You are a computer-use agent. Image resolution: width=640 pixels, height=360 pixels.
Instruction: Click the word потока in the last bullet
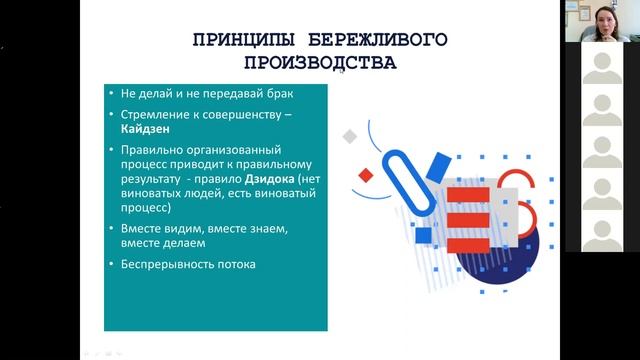(x=236, y=264)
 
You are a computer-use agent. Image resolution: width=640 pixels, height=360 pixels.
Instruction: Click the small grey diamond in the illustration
(x=350, y=135)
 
